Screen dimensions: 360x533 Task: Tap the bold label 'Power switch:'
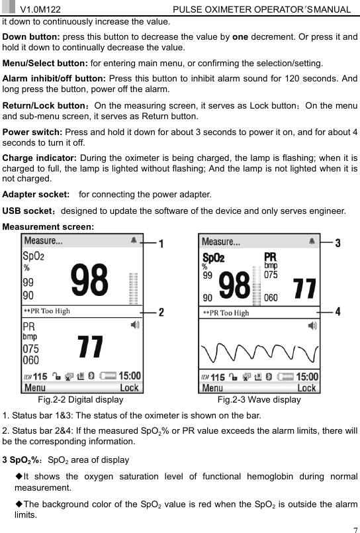coord(31,130)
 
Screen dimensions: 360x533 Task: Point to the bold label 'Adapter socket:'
coord(36,195)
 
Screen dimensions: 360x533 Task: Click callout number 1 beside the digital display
coord(161,242)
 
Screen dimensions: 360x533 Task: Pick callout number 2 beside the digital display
coord(161,311)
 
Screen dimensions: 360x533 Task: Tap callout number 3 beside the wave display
coord(337,243)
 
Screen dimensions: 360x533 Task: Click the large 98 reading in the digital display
coord(89,281)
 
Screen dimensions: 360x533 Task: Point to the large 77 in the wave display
coord(304,288)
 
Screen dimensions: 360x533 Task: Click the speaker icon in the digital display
coord(135,325)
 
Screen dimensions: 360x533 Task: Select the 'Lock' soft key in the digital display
coord(129,388)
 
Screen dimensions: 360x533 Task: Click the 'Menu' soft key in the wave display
coord(212,388)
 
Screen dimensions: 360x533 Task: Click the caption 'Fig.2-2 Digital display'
coord(81,399)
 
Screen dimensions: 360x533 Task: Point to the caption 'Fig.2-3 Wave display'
coord(259,399)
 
